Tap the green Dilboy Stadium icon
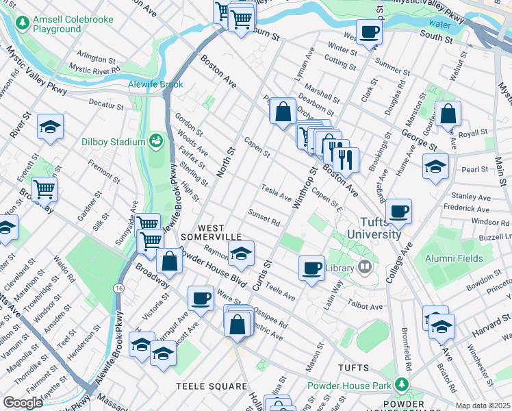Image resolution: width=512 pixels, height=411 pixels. coord(156,141)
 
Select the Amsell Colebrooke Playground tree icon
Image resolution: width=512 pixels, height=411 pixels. coord(23,23)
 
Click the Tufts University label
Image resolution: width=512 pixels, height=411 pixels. coord(374,227)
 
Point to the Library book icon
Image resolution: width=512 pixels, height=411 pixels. coord(366,266)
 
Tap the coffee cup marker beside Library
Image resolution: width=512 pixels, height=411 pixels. coord(312,266)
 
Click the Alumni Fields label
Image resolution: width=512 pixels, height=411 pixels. coord(454,259)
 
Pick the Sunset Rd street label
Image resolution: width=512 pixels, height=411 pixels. coord(264,218)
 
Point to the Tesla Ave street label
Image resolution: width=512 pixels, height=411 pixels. coord(276,192)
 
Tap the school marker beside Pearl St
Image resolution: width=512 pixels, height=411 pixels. coord(435,166)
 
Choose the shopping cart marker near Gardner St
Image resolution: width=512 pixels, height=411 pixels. coord(44,188)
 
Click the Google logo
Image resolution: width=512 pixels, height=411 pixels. coord(23,403)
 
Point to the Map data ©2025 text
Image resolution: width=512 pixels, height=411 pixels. coord(483,406)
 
